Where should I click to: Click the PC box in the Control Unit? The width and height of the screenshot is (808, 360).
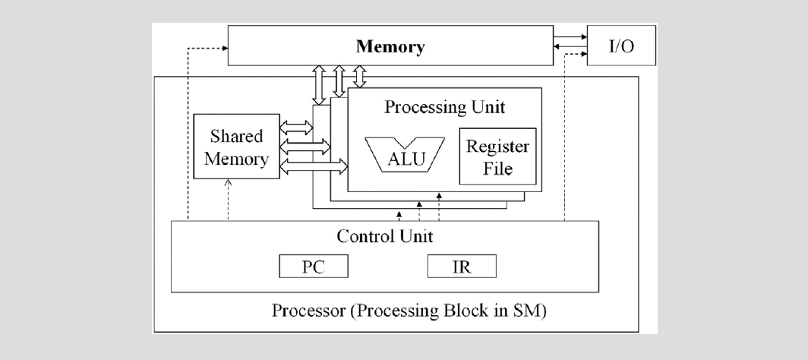(314, 266)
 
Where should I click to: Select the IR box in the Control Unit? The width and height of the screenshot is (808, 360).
(462, 266)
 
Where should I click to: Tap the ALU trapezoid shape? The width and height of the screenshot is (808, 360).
(406, 156)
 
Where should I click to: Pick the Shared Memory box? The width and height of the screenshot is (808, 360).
(236, 147)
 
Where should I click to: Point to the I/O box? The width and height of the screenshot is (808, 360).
(621, 46)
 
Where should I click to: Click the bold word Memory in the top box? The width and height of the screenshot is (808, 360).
(391, 46)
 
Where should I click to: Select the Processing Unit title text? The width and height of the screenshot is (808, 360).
(444, 106)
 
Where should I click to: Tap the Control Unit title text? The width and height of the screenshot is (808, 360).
(385, 235)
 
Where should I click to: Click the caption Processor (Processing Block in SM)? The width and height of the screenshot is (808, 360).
(409, 311)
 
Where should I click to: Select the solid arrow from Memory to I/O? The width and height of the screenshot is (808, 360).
(570, 36)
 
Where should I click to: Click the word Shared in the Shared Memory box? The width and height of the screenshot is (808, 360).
(236, 137)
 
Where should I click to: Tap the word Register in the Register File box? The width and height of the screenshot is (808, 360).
(497, 147)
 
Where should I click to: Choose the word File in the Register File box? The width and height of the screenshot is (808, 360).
(497, 167)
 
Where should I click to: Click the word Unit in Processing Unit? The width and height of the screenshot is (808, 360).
(488, 106)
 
